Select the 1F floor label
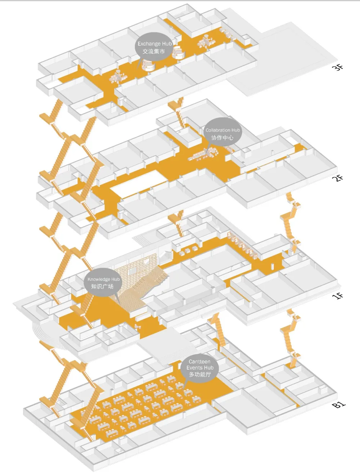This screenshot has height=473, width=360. (x=338, y=296)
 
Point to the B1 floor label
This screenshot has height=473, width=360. (x=338, y=404)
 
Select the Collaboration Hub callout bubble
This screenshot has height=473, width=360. (x=222, y=132)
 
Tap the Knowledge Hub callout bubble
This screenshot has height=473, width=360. (x=103, y=282)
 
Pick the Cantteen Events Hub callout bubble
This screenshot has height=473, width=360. (x=200, y=368)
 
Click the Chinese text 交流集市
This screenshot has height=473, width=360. (x=154, y=51)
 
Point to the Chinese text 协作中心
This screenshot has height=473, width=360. (x=222, y=137)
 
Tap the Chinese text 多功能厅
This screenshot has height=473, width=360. (x=200, y=374)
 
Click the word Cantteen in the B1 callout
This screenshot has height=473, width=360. (x=199, y=361)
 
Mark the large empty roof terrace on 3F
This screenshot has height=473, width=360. (x=288, y=59)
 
